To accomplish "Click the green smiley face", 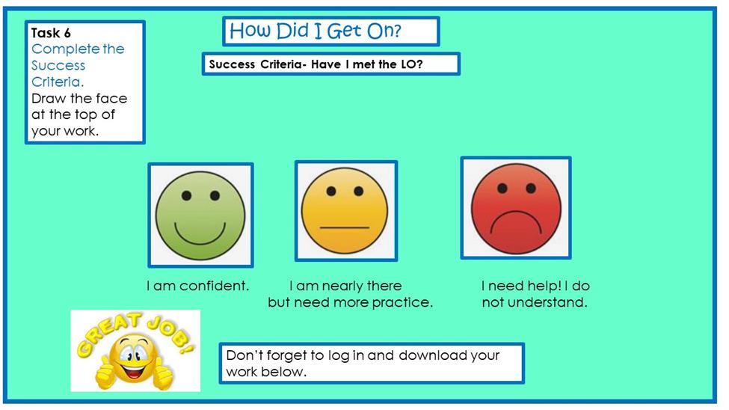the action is [x=200, y=215].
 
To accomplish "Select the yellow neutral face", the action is [x=345, y=211].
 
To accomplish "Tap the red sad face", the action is [x=516, y=209].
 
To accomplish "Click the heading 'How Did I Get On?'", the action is [x=316, y=31].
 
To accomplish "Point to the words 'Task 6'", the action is [x=51, y=33].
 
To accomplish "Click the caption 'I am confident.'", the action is [x=198, y=285].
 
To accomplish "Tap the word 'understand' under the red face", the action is [x=547, y=302].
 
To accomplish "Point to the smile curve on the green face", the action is [x=200, y=234].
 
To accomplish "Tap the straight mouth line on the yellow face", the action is [x=345, y=227].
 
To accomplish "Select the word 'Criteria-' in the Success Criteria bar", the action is [x=283, y=64].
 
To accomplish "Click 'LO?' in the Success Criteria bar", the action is [x=411, y=64].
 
